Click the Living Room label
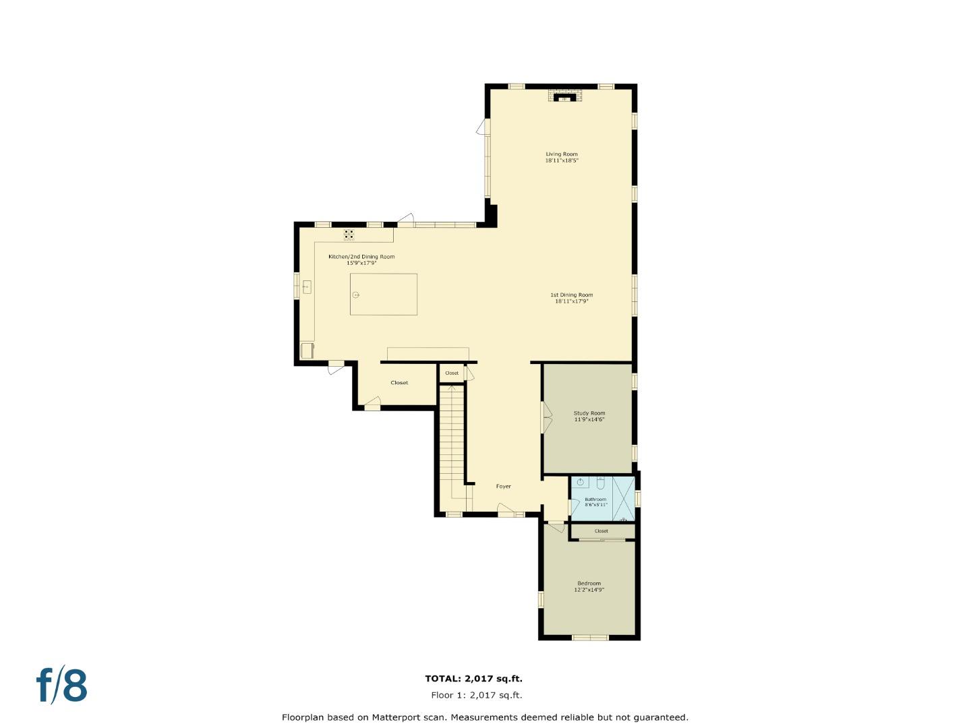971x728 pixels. pyautogui.click(x=562, y=157)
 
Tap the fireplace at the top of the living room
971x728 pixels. pyautogui.click(x=562, y=97)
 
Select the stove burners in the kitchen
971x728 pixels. pyautogui.click(x=349, y=235)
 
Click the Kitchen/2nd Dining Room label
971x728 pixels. pyautogui.click(x=361, y=260)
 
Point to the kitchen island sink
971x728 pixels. pyautogui.click(x=356, y=295)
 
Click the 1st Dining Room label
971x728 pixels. pyautogui.click(x=572, y=298)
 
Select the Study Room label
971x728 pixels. pyautogui.click(x=589, y=416)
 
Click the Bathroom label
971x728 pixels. pyautogui.click(x=595, y=502)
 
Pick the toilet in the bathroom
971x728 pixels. pyautogui.click(x=600, y=482)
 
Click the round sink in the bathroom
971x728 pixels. pyautogui.click(x=580, y=482)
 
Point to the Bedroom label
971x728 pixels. pyautogui.click(x=589, y=586)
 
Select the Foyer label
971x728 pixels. pyautogui.click(x=503, y=486)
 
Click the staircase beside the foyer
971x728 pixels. pyautogui.click(x=452, y=438)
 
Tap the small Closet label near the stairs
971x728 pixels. pyautogui.click(x=452, y=373)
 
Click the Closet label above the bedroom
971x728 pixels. pyautogui.click(x=601, y=531)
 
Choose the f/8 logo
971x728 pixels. pyautogui.click(x=61, y=685)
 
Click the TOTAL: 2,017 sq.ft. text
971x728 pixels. pyautogui.click(x=473, y=679)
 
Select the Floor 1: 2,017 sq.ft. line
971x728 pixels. pyautogui.click(x=476, y=695)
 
